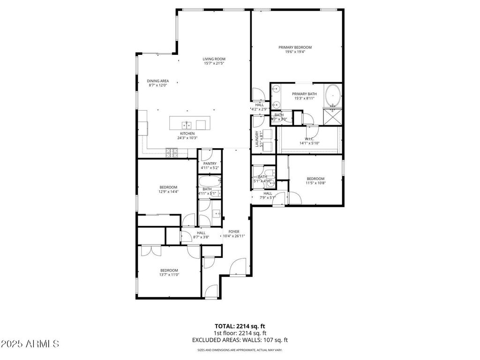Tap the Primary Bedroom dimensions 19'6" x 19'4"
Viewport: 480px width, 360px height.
click(295, 52)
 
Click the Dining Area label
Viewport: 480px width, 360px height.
click(157, 81)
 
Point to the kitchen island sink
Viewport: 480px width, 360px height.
click(187, 125)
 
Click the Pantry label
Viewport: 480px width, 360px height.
click(210, 163)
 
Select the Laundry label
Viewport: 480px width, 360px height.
click(256, 139)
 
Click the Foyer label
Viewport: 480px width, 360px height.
click(234, 232)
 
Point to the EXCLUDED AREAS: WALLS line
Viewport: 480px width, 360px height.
click(240, 340)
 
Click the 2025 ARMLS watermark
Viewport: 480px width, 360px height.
click(30, 344)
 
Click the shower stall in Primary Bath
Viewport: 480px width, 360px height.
click(333, 117)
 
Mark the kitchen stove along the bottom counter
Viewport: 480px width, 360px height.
click(172, 151)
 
